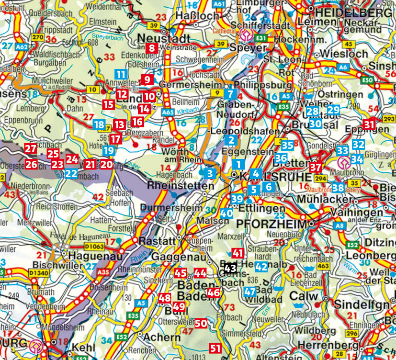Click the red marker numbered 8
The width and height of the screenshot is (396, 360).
[152, 47]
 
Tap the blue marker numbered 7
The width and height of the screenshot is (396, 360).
[230, 94]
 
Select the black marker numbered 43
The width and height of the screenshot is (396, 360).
[230, 269]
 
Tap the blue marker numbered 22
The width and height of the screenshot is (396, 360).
[71, 173]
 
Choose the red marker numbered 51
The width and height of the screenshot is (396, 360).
[215, 348]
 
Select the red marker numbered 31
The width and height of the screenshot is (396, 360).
[368, 124]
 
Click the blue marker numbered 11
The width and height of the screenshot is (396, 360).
[121, 74]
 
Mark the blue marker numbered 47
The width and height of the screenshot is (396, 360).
[250, 292]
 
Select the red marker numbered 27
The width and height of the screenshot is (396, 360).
[31, 148]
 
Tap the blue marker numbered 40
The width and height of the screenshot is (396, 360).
[227, 213]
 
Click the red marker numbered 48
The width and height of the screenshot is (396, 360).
[165, 298]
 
